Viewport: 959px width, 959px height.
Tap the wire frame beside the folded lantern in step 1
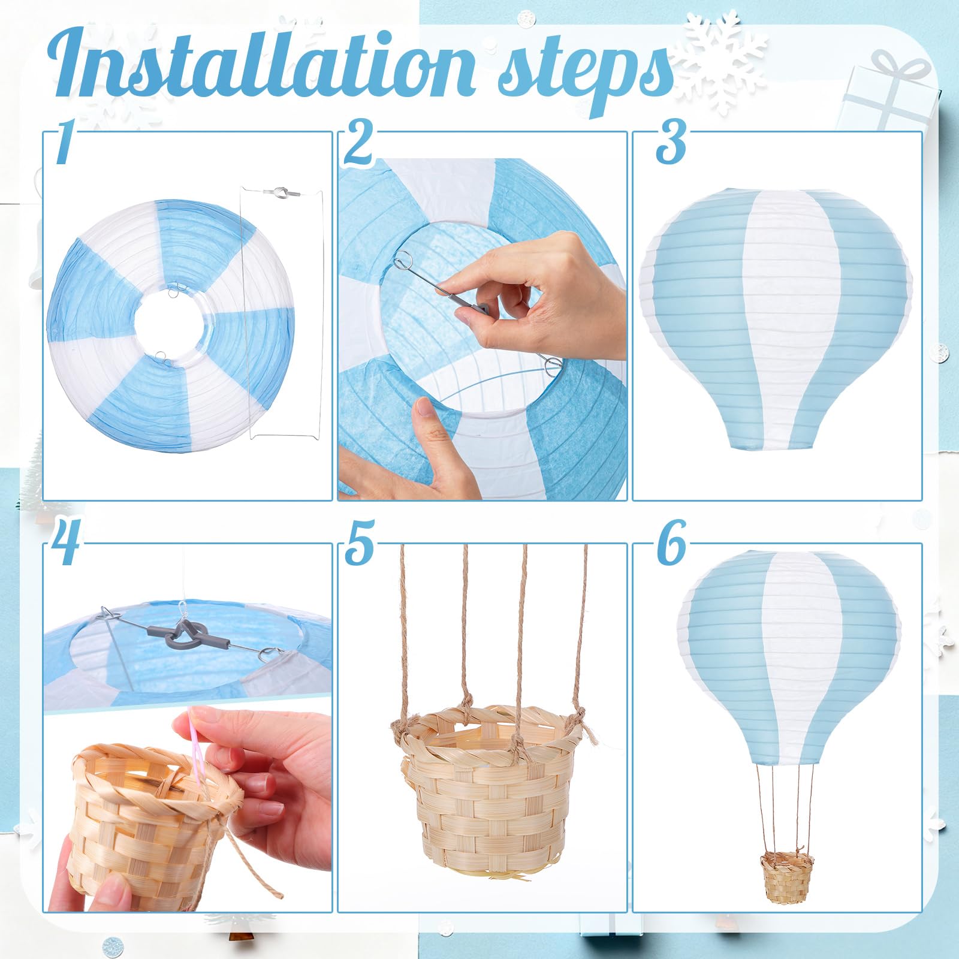[x=282, y=312]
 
